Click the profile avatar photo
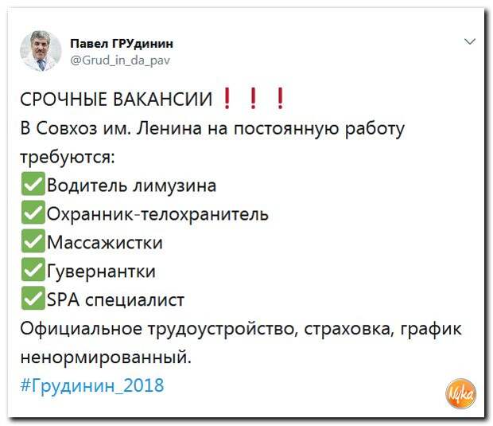41,51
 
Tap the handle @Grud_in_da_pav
120,61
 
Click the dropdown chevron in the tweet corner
470,41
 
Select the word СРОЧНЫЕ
64,100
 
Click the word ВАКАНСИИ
162,100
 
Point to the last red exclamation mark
280,98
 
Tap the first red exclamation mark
227,98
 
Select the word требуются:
68,157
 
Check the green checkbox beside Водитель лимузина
33,184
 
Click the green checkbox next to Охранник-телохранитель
33,213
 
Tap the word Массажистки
105,242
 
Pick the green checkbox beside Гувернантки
33,269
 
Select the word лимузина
174,186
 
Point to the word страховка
347,329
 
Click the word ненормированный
106,358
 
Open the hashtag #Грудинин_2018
92,385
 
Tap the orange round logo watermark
461,394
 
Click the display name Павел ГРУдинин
122,44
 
